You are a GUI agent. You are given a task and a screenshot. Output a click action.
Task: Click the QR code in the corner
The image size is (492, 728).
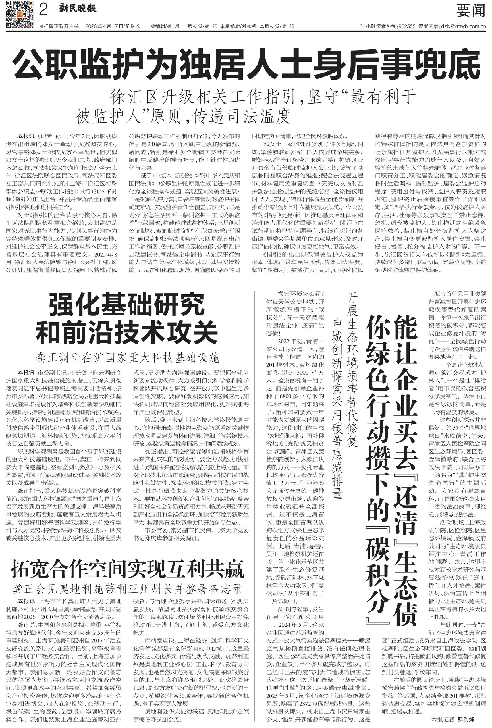19,14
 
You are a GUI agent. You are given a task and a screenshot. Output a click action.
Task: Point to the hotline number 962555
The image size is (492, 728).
406,27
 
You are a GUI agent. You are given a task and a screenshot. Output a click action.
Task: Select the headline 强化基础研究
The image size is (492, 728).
126,304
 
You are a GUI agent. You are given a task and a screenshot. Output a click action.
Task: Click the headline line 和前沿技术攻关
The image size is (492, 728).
126,333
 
